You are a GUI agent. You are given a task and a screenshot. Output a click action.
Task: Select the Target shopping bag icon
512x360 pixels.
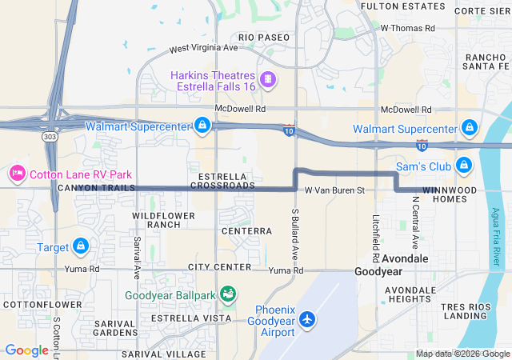[80, 246]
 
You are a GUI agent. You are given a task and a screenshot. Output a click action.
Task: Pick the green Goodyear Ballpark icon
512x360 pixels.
[227, 295]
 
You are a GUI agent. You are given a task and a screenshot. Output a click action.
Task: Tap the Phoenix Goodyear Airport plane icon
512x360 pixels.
[308, 318]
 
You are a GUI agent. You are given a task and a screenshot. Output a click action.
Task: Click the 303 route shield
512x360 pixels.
[50, 137]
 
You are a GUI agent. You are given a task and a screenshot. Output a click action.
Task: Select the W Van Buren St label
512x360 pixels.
[334, 190]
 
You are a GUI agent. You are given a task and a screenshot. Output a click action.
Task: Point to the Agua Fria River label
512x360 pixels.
[496, 233]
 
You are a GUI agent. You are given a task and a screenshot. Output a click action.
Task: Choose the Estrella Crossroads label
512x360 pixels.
[222, 180]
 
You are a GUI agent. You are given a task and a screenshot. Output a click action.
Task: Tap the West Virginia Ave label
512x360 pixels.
[204, 48]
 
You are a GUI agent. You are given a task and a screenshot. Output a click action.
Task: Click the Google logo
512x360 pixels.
[26, 350]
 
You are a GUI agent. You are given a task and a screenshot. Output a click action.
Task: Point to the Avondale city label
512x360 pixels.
[405, 259]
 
